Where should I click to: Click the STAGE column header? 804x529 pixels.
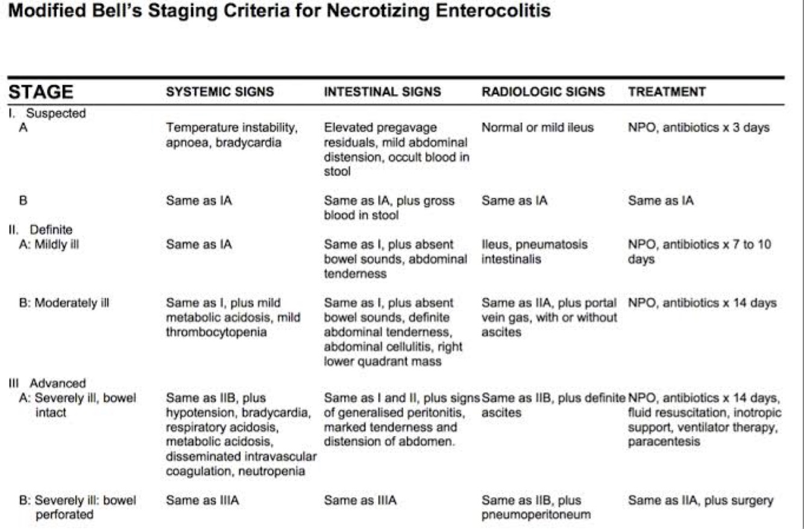coord(40,92)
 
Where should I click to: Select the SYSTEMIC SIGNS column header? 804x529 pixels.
coord(220,92)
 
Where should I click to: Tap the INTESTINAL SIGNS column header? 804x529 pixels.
coord(382,92)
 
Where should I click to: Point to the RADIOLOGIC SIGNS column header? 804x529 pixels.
coord(543,92)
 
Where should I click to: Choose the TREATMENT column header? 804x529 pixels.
coord(667,92)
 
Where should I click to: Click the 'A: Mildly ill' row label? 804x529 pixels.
coord(50,245)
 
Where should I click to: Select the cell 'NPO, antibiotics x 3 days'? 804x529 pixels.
coord(699,128)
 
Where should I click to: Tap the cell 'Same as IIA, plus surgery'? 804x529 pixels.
coord(700,500)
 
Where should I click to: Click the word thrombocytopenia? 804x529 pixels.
coord(215,331)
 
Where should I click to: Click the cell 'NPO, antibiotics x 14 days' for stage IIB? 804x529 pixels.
coord(702,302)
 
